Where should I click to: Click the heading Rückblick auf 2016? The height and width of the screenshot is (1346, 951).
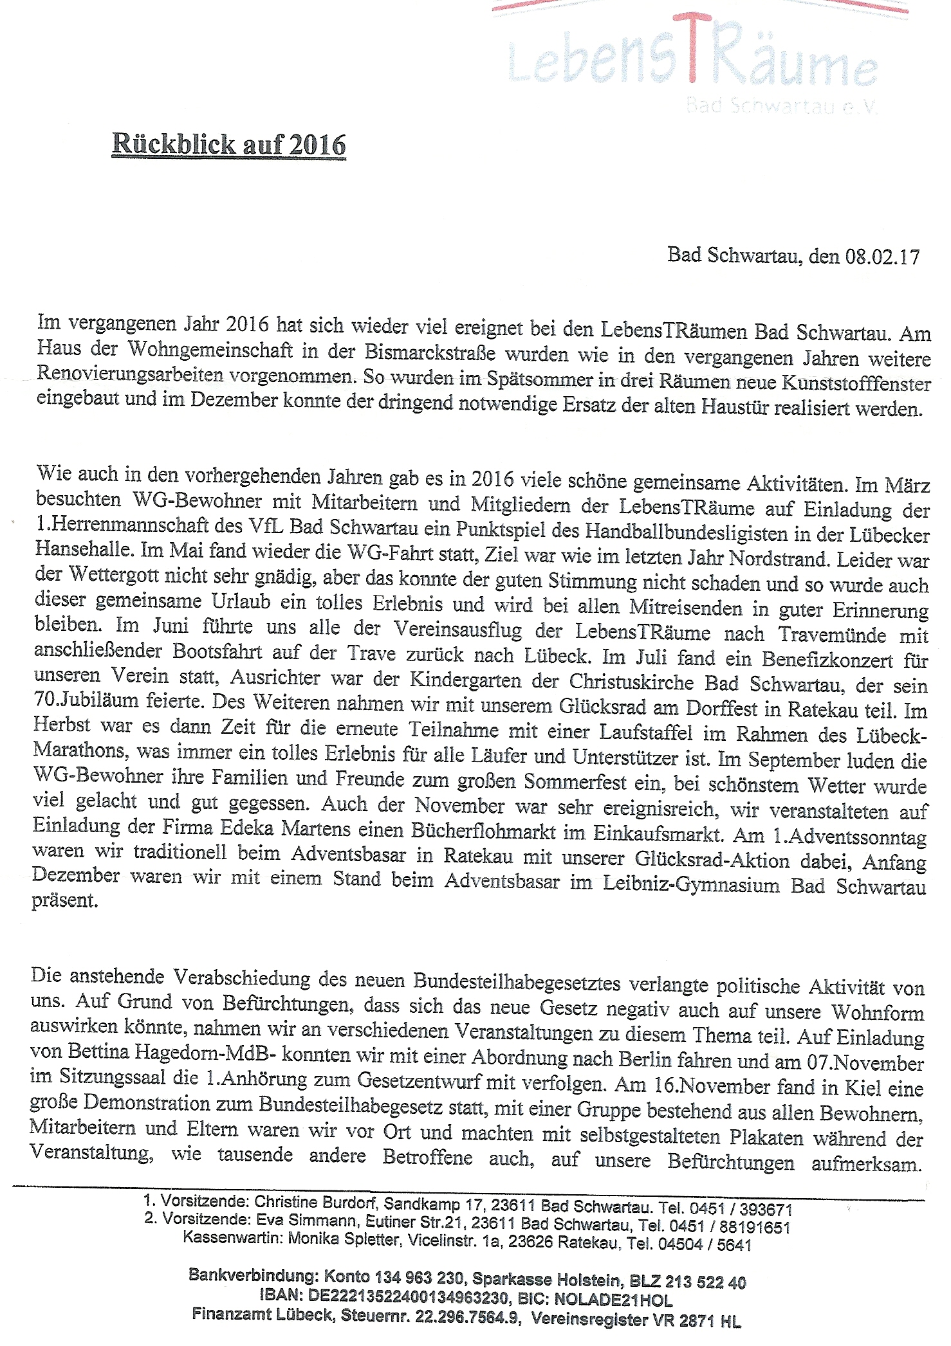(229, 144)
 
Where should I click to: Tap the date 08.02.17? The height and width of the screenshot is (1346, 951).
(882, 257)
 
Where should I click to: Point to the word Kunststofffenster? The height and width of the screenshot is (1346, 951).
(856, 383)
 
